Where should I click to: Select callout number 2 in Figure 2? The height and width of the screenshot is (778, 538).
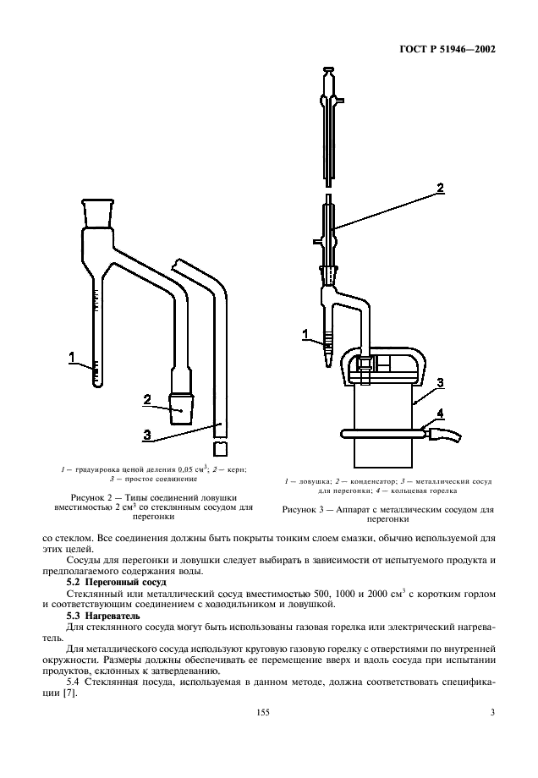point(147,399)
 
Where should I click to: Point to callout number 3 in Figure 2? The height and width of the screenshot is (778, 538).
point(147,435)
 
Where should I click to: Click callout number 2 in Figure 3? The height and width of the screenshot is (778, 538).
point(441,188)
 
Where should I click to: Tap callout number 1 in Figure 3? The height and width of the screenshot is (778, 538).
point(305,334)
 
